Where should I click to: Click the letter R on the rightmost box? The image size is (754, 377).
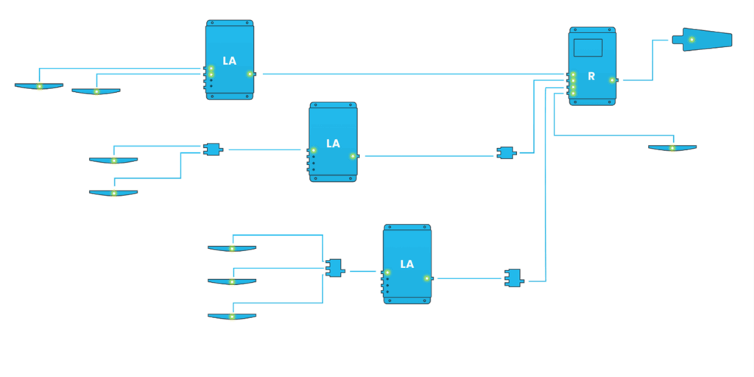coord(591,77)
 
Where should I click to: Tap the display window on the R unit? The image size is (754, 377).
coord(588,48)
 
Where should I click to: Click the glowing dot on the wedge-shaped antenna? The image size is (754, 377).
coord(691,39)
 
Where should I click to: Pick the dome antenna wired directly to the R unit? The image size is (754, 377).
coord(672,148)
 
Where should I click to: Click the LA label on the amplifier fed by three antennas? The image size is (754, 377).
coord(406,264)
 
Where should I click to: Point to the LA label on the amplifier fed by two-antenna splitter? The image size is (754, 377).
coord(333,144)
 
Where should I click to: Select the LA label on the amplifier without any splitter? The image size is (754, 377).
coord(229,61)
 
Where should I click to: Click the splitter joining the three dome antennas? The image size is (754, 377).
coord(335,267)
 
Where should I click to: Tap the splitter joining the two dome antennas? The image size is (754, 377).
coord(213,149)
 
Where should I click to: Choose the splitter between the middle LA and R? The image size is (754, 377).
coord(507,153)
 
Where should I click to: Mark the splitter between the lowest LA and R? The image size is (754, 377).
coord(513,278)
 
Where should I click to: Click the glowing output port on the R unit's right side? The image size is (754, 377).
coord(612,80)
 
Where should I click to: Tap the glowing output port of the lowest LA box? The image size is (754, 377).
coord(427,278)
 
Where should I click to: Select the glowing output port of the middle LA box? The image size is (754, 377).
coord(353,155)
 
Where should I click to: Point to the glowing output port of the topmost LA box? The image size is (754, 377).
coord(250,74)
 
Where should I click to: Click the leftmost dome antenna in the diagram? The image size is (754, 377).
coord(39,86)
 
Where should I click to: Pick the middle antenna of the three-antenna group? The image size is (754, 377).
coord(232,281)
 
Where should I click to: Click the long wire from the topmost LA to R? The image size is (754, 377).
coord(405,74)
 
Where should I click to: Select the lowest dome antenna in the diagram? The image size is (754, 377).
coord(232,316)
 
